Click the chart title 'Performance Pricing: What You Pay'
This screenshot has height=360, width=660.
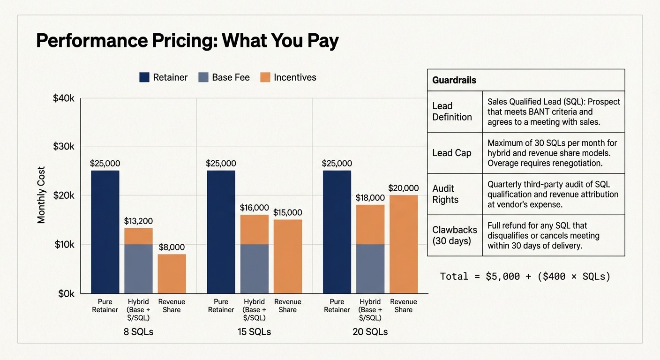coord(187,41)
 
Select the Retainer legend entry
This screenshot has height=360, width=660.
coord(164,77)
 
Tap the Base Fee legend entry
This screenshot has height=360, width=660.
coord(224,77)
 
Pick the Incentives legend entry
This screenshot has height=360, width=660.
coord(288,77)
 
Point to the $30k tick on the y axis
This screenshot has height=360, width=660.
coord(64,146)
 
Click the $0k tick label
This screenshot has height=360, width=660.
coord(66,294)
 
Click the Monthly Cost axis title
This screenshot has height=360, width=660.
coord(42,195)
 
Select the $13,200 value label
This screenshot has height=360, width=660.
coord(138,221)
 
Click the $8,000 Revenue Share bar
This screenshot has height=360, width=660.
coord(172,274)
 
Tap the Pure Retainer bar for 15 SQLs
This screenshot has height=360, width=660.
coord(221,232)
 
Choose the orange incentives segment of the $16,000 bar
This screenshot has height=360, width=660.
coord(254,229)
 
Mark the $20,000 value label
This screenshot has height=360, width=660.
coord(403,188)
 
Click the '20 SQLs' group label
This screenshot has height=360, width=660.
coord(370,332)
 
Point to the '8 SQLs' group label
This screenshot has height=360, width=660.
coord(138,332)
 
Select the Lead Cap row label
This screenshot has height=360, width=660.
coord(452,153)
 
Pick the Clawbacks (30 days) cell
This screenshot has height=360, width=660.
coord(454,235)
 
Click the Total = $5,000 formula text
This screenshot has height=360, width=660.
coord(525,277)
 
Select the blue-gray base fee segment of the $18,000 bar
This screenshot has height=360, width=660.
coord(370,269)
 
